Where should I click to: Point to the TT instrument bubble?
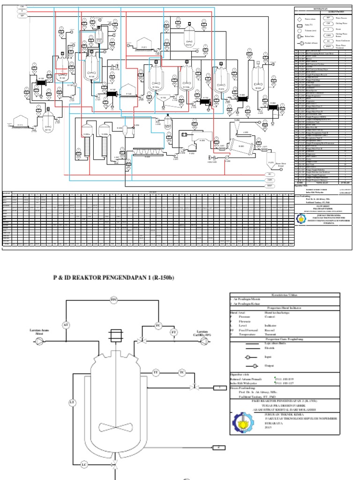point(156,372)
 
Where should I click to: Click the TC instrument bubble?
point(181,372)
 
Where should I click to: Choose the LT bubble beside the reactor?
point(72,402)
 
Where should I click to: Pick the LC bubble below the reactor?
point(84,465)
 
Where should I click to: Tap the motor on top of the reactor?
point(114,336)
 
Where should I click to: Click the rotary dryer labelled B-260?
point(242,145)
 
